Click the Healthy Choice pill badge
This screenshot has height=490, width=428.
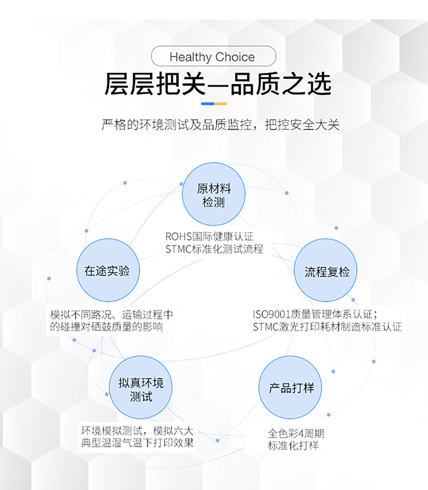213,56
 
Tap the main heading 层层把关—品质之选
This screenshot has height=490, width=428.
217,83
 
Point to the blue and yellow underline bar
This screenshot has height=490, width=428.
214,103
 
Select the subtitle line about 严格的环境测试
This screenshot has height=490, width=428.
220,125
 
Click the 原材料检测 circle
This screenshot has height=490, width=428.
213,194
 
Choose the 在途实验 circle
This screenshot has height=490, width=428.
108,270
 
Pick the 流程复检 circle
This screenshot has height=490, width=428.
326,270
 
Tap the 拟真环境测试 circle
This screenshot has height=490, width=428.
141,388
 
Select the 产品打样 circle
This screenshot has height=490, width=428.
290,388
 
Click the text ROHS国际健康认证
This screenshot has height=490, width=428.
209,237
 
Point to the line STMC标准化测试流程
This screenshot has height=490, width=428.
215,249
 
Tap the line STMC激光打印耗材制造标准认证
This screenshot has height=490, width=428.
327,327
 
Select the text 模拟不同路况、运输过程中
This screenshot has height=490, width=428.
111,314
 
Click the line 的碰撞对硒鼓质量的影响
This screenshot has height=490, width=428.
106,327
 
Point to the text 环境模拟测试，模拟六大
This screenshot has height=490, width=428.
138,431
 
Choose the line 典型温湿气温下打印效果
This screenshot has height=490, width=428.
138,443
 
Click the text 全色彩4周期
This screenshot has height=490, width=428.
296,434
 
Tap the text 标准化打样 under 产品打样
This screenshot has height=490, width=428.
293,445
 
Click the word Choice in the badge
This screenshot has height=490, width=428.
235,57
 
